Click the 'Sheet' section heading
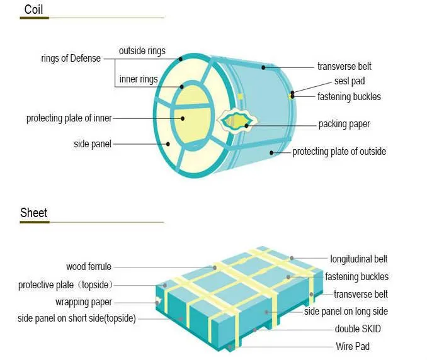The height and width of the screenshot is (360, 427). tap(33, 212)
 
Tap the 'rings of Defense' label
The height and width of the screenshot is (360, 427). tap(71, 59)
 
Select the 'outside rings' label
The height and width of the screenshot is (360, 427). tap(142, 50)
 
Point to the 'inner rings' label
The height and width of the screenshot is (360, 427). tap(138, 80)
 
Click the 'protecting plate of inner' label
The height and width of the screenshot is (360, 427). tap(69, 118)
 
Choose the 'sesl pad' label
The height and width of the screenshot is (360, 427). tap(350, 81)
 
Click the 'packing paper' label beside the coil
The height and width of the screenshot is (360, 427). tap(344, 124)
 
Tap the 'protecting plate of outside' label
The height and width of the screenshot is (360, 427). tap(339, 152)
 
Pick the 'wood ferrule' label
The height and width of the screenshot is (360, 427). tap(89, 267)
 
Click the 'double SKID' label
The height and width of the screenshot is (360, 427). tap(358, 329)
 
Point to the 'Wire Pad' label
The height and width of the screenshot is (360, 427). tap(353, 346)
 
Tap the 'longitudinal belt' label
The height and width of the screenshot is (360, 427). tap(359, 259)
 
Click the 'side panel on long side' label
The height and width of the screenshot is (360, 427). tap(346, 312)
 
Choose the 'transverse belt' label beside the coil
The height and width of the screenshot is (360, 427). tap(343, 66)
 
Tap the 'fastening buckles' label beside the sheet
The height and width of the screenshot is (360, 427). tap(356, 277)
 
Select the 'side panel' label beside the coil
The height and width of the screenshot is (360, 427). tap(93, 144)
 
